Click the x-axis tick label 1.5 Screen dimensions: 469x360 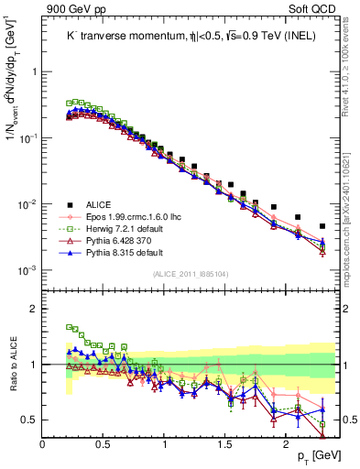tap(225, 444)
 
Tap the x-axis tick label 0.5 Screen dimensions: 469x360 tap(104, 444)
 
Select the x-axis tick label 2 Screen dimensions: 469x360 tap(287, 444)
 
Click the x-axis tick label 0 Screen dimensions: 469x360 tap(43, 444)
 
